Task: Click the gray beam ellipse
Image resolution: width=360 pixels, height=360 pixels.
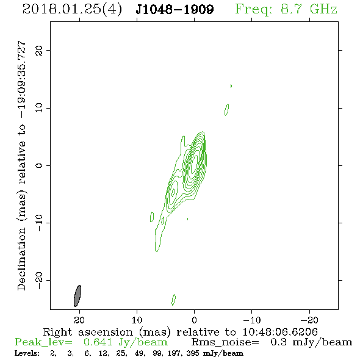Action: [77, 296]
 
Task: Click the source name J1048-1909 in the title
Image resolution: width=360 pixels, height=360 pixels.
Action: [175, 9]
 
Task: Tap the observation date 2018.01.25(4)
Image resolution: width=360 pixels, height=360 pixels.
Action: [72, 10]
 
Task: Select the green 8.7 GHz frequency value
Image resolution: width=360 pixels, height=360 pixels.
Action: [309, 9]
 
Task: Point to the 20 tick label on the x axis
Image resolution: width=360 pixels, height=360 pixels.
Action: [79, 320]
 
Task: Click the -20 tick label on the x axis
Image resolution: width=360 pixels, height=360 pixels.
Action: [309, 320]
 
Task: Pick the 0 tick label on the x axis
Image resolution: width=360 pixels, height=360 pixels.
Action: [194, 320]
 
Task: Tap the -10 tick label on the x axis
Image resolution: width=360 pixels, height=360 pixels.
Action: [252, 320]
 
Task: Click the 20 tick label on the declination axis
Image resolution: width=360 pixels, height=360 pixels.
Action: [39, 50]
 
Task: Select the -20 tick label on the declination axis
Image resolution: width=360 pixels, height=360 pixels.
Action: [39, 281]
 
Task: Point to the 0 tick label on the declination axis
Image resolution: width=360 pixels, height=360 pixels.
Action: [39, 165]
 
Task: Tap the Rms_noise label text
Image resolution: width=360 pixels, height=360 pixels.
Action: [225, 342]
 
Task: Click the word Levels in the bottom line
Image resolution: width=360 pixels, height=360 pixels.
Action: [27, 353]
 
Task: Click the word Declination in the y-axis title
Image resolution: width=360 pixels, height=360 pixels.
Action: [21, 259]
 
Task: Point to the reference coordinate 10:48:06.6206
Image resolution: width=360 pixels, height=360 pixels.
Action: [280, 332]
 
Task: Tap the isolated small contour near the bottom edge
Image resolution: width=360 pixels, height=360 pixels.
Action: [173, 300]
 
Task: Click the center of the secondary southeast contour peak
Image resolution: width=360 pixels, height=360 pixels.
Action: [173, 191]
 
